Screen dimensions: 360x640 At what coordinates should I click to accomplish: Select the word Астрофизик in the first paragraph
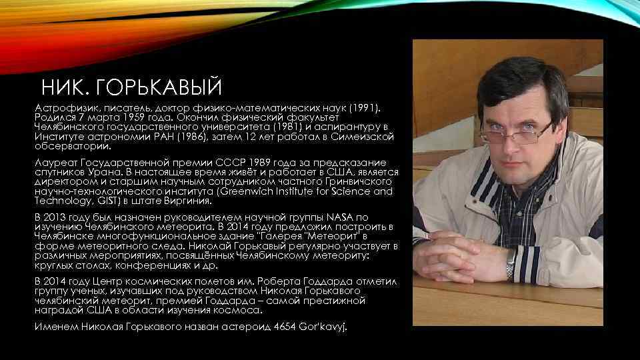[61, 107]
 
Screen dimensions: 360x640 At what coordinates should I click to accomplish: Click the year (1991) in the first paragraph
[365, 107]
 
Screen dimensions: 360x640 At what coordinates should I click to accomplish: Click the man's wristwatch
[510, 269]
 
